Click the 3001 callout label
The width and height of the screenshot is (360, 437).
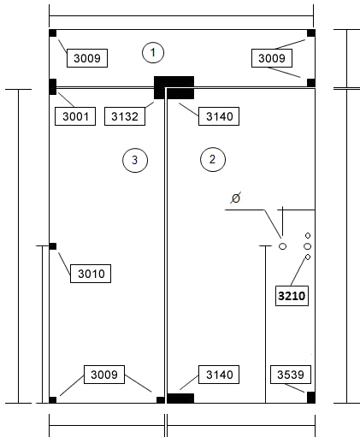click(75, 116)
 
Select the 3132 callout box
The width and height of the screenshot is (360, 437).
click(125, 116)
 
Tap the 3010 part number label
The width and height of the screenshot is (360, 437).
click(91, 274)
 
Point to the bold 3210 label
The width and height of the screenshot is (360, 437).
click(292, 296)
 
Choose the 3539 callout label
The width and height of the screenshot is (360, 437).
click(291, 375)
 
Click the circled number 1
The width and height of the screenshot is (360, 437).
click(153, 53)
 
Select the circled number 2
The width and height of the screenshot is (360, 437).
click(213, 159)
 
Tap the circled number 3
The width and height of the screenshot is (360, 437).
click(135, 160)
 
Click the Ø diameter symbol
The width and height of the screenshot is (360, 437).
click(236, 198)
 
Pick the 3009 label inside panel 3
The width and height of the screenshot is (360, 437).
click(104, 375)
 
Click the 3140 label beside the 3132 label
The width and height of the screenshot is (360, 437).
click(219, 116)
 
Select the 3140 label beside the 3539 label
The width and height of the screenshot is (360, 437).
click(219, 375)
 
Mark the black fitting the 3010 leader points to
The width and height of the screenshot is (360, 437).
click(53, 246)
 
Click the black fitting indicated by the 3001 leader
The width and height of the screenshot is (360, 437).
click(53, 86)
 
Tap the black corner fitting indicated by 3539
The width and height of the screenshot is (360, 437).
click(311, 398)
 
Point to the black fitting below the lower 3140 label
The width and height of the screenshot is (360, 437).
click(180, 399)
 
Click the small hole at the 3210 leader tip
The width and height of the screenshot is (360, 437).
click(308, 257)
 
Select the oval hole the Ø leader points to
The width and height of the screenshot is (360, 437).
click(282, 246)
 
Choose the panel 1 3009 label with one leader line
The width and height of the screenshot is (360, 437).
click(87, 58)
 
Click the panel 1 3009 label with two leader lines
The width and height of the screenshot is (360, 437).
click(272, 58)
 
